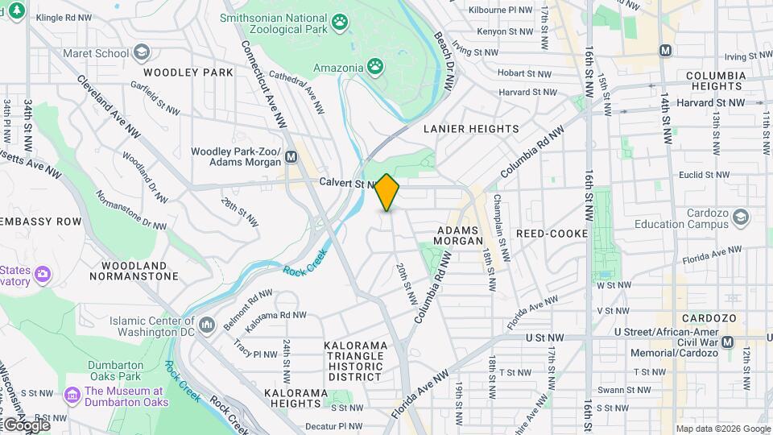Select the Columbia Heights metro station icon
pyautogui.click(x=665, y=50)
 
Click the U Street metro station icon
pyautogui.click(x=728, y=342)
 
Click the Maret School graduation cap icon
pyautogui.click(x=142, y=54)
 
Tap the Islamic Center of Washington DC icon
pyautogui.click(x=208, y=325)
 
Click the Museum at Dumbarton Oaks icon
pyautogui.click(x=72, y=395)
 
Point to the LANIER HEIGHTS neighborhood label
pyautogui.click(x=471, y=129)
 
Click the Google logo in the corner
pyautogui.click(x=26, y=425)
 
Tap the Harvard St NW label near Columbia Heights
pyautogui.click(x=711, y=103)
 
